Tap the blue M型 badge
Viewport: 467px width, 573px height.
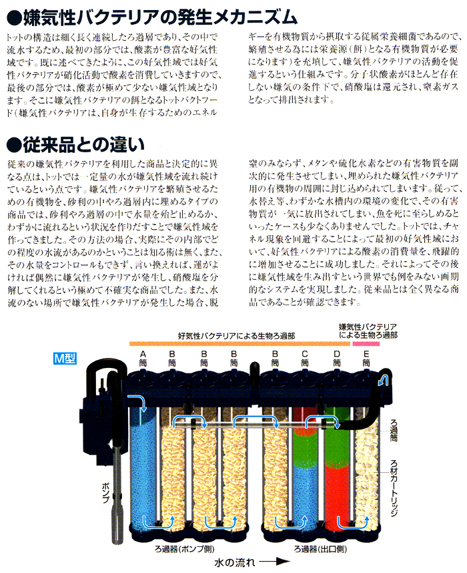pos(65,357)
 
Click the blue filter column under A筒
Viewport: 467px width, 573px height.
pos(141,467)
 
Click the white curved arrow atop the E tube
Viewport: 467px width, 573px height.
pos(382,381)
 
